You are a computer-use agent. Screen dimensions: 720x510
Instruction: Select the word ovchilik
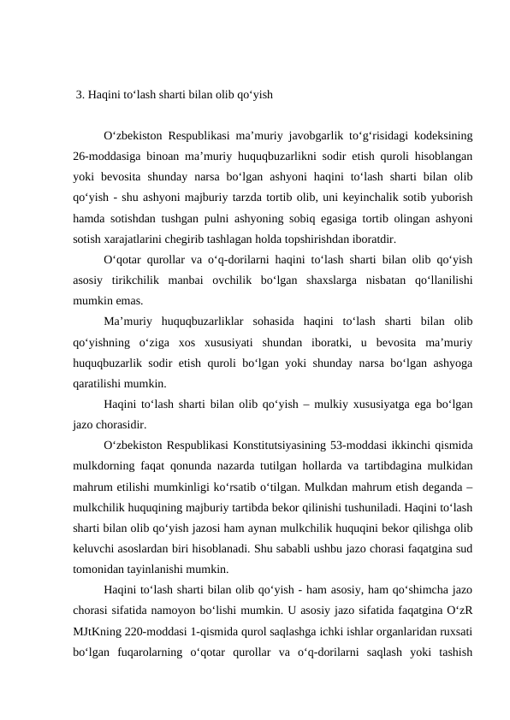(x=261, y=280)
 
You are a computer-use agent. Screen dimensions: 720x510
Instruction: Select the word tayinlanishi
(x=154, y=566)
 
